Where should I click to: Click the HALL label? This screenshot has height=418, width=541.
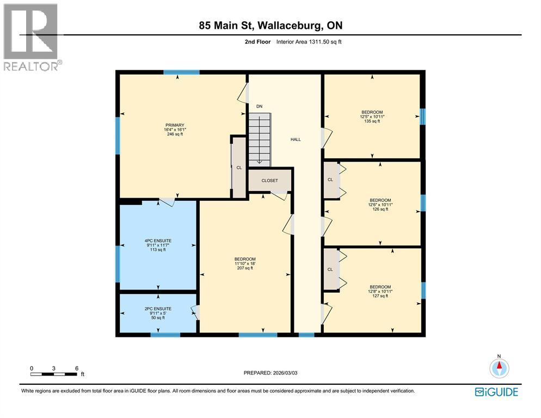tap(295, 139)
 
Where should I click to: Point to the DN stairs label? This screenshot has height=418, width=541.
tap(260, 106)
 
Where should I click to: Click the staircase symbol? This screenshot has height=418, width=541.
tap(260, 139)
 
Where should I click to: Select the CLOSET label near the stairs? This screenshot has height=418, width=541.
tap(269, 180)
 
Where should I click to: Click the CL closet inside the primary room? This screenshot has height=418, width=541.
tap(239, 168)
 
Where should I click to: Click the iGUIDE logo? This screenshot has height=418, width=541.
tap(496, 392)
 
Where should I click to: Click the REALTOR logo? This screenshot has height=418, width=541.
tap(32, 36)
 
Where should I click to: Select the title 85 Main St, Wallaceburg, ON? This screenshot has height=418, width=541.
tap(270, 26)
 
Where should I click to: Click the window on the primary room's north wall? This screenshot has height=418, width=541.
tap(181, 72)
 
